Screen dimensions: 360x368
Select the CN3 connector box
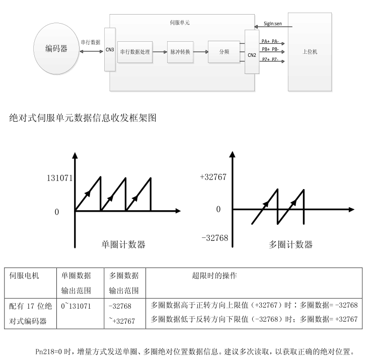click(110, 50)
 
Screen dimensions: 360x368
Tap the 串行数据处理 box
click(134, 52)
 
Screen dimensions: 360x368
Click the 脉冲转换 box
click(180, 52)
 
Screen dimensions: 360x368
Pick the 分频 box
click(224, 52)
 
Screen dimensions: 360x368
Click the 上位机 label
click(309, 52)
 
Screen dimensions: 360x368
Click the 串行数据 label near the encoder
click(91, 42)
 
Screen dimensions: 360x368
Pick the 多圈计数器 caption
click(290, 245)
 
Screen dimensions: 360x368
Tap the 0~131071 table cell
click(76, 306)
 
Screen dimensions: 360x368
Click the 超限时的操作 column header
click(215, 276)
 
